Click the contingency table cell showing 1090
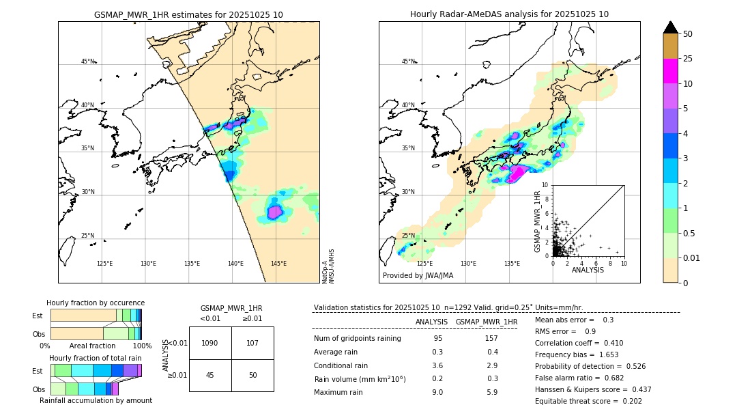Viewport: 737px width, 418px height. click(x=210, y=344)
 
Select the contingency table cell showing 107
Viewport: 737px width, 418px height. click(x=252, y=344)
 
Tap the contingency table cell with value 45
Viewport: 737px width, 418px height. click(x=210, y=375)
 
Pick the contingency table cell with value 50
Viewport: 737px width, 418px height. click(x=252, y=375)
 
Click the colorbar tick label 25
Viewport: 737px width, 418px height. click(x=688, y=59)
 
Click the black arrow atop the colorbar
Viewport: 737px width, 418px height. click(x=670, y=27)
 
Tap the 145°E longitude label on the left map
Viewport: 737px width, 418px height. click(x=278, y=264)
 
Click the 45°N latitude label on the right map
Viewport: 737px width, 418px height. click(x=407, y=61)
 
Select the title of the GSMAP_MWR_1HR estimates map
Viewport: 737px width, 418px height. click(x=188, y=14)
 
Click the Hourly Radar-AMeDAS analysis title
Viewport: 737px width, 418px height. click(x=509, y=14)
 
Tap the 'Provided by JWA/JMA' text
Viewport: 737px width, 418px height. click(x=418, y=275)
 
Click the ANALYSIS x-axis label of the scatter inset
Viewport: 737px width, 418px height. click(x=588, y=270)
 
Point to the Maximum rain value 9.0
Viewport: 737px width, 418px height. click(x=437, y=392)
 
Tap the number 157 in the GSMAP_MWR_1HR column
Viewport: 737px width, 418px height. click(x=491, y=339)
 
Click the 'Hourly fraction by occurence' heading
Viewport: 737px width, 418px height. click(x=96, y=303)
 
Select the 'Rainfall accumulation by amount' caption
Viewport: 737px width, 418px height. click(x=96, y=400)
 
